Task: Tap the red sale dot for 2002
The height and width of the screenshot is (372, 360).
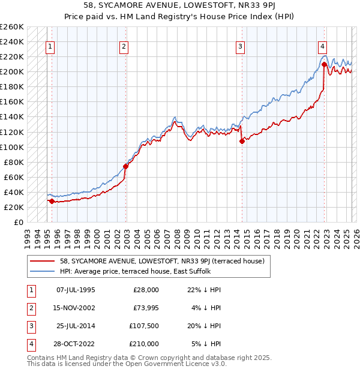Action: coord(126,166)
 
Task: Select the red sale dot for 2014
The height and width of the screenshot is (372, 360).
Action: coord(242,142)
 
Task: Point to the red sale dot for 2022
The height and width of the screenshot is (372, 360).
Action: coord(324,64)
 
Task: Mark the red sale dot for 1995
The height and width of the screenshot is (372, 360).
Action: coord(52,202)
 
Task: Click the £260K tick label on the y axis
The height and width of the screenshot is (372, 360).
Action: coord(11,27)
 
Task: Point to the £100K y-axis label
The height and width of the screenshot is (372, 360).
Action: coord(11,147)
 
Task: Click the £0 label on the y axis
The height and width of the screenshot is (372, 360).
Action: coord(18,222)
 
